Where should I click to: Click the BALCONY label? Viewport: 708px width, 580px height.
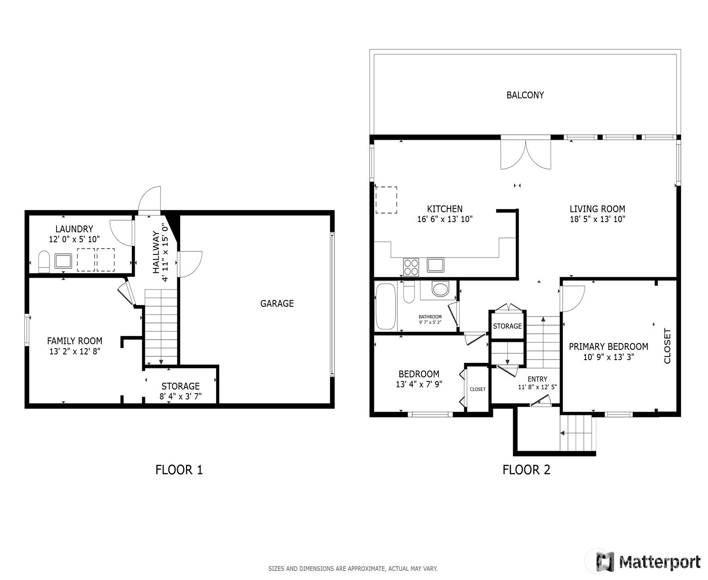click(525, 95)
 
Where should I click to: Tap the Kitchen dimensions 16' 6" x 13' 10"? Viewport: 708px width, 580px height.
click(445, 219)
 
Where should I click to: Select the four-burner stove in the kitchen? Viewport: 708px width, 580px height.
click(410, 267)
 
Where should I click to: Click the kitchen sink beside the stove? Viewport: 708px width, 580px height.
click(435, 265)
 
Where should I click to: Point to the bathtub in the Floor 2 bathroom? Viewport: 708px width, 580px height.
click(385, 306)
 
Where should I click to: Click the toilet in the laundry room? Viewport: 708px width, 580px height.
click(44, 261)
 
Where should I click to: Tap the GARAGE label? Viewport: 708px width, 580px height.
click(277, 303)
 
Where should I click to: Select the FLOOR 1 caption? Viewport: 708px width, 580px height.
click(179, 469)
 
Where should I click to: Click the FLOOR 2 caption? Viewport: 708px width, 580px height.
click(526, 469)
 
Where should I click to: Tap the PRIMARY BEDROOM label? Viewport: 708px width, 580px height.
click(609, 346)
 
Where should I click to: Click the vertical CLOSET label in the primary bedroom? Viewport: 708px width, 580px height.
click(667, 346)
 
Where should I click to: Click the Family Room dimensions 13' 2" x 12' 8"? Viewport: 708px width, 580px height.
click(75, 351)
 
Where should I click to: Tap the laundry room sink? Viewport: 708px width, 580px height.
click(63, 261)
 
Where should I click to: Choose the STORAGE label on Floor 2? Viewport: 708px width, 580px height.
click(507, 326)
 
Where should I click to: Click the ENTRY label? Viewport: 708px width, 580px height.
click(537, 379)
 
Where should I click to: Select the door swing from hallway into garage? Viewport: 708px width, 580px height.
click(190, 264)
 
